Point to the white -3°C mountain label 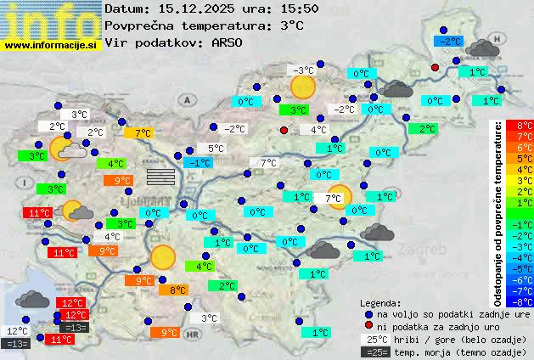[301, 70]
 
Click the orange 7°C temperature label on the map [138, 133]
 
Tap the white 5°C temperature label [215, 149]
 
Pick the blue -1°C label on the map [199, 162]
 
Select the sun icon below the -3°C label [302, 87]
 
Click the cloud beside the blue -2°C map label [481, 48]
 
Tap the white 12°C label [16, 331]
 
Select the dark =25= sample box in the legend [374, 352]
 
